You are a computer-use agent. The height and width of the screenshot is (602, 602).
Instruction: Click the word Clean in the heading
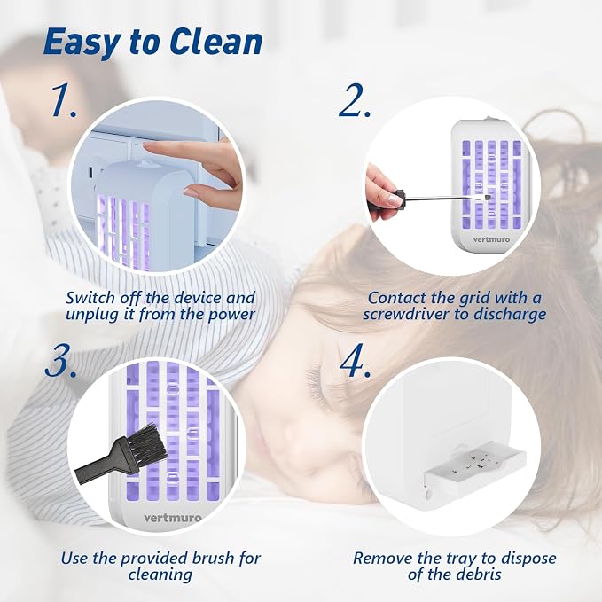[x=215, y=42]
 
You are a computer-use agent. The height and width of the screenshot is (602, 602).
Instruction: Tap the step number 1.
[x=65, y=100]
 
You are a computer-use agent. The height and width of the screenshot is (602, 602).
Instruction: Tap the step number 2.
[x=355, y=100]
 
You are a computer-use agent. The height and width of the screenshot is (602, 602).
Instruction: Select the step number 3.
[x=60, y=361]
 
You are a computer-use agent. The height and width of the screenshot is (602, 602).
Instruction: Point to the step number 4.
[x=356, y=361]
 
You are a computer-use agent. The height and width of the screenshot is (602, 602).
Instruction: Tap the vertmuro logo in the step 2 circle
[x=491, y=239]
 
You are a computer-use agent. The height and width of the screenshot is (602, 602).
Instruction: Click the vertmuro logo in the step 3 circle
[x=172, y=518]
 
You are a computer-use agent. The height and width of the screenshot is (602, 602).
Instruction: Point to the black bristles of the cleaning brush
[x=149, y=443]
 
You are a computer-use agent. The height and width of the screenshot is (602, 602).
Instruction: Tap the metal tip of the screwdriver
[x=488, y=197]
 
